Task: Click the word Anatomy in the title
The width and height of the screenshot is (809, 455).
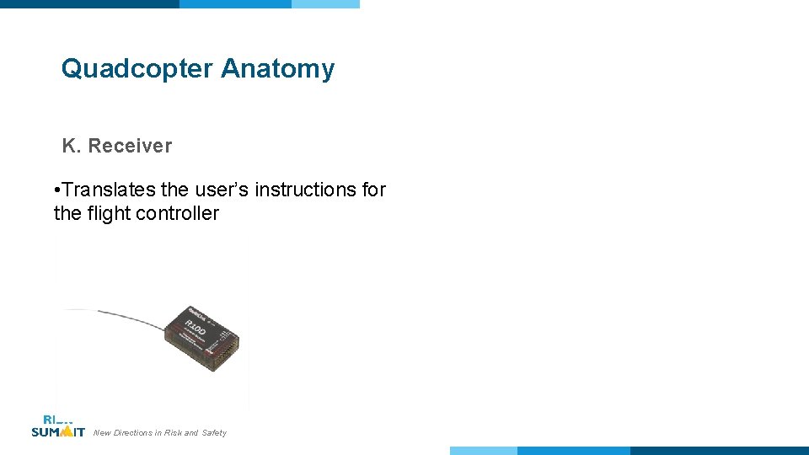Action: click(x=277, y=69)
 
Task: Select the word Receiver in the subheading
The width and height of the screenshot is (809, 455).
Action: click(x=130, y=146)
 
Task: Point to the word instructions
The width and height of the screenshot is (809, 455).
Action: click(x=306, y=190)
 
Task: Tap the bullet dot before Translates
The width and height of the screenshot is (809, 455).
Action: click(x=55, y=190)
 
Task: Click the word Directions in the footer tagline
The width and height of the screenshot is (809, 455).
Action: click(x=132, y=433)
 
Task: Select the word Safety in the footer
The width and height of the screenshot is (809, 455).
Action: click(x=214, y=433)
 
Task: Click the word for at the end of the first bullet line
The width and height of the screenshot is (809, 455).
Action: click(x=373, y=190)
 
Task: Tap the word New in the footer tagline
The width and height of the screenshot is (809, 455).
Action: click(x=102, y=433)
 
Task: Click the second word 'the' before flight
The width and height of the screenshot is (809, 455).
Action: click(x=67, y=214)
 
